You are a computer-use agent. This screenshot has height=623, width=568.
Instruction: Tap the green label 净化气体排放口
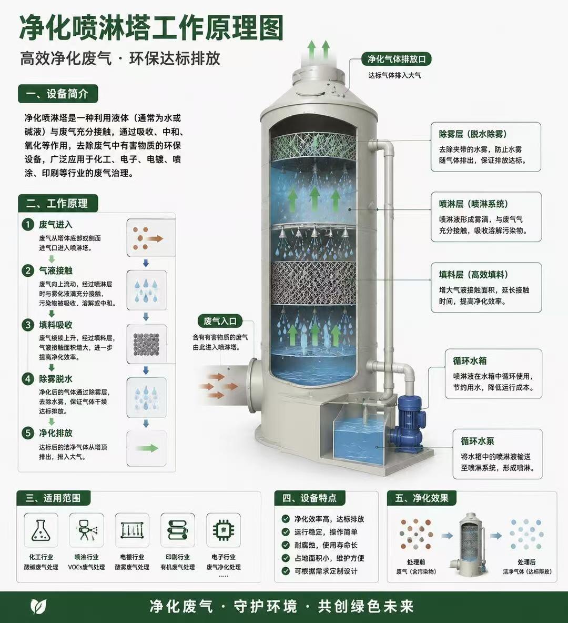(x=397, y=59)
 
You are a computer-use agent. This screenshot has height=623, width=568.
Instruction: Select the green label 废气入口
(x=220, y=321)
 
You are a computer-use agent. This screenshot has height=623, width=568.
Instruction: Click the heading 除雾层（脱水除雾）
(x=473, y=134)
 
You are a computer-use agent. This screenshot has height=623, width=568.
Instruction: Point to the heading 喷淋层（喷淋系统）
(x=473, y=204)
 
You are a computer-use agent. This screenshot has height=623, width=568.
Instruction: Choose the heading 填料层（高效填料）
(x=473, y=275)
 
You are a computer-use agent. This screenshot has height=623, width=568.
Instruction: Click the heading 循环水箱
(x=470, y=361)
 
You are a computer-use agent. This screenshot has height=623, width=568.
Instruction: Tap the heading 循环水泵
(x=478, y=441)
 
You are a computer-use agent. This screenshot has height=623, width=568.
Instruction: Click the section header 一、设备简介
(x=58, y=94)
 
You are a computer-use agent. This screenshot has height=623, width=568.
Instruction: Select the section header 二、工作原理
(x=58, y=204)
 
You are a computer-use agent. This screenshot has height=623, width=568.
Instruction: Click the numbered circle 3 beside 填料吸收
(x=28, y=325)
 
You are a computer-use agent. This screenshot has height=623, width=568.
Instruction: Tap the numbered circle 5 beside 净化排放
(x=28, y=433)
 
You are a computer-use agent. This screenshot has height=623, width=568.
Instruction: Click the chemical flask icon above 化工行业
(x=41, y=530)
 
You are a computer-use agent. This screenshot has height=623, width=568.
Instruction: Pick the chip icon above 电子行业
(x=223, y=530)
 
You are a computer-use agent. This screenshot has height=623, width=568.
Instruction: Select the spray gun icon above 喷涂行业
(x=87, y=530)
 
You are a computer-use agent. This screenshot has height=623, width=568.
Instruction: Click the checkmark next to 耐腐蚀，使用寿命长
(x=286, y=545)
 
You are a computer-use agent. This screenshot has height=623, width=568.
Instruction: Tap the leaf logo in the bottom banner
(x=38, y=606)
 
